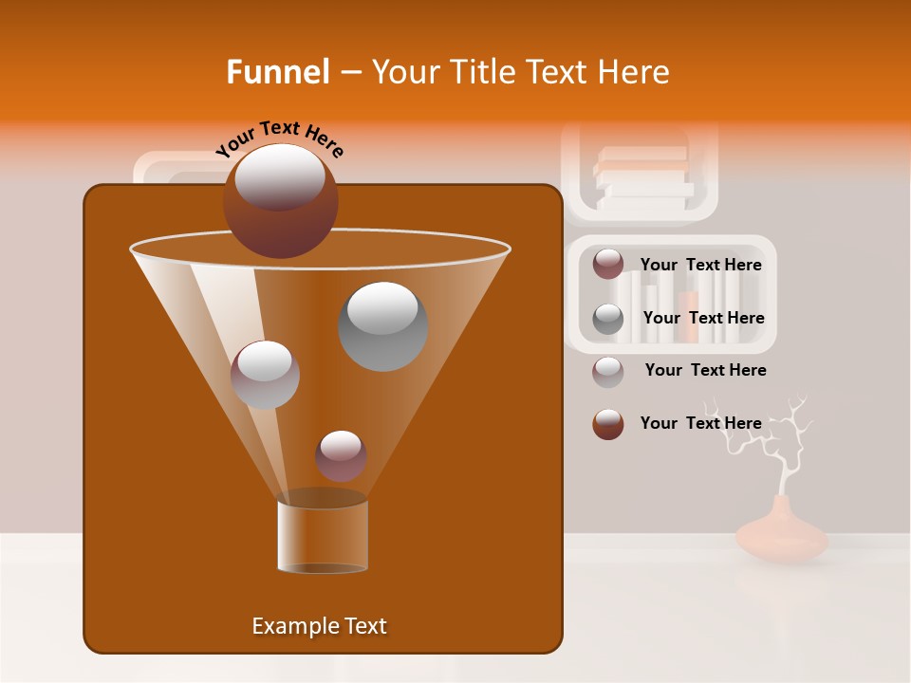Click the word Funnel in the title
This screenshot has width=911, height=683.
click(x=278, y=72)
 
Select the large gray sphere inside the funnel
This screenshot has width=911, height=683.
click(x=382, y=325)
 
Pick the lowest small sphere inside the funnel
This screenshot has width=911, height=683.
click(x=341, y=455)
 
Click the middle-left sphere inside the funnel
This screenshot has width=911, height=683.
click(x=265, y=374)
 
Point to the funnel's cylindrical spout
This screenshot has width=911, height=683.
click(x=323, y=536)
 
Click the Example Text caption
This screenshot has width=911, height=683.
click(x=319, y=626)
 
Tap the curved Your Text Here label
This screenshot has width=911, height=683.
click(x=280, y=138)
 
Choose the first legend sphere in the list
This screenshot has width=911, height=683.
click(x=608, y=265)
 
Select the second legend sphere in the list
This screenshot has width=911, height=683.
click(x=608, y=319)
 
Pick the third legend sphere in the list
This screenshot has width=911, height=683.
click(x=608, y=372)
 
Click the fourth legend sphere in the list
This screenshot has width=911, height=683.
click(x=608, y=424)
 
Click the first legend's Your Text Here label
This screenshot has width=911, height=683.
click(x=700, y=266)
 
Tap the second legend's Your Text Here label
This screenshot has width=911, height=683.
click(x=703, y=319)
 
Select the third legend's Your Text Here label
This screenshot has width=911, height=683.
click(x=705, y=371)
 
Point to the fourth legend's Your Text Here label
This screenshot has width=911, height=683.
click(x=700, y=423)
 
